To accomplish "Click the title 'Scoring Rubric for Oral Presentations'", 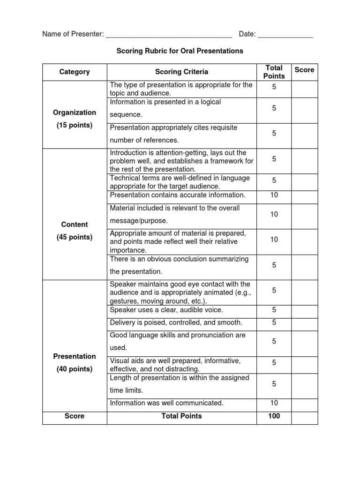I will [180, 51].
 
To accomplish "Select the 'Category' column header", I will [75, 72].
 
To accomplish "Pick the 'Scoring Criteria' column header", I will [181, 72].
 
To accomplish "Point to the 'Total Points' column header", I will [274, 72].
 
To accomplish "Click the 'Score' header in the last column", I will [304, 70].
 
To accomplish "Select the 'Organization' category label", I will [75, 112].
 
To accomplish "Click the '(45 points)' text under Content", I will [75, 237].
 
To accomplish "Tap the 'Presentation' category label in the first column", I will [75, 356].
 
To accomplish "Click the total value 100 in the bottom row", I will [274, 416].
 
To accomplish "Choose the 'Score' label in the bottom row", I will [75, 416].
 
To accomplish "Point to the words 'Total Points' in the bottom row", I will [181, 416].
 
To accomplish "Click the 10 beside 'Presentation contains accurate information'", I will [274, 195].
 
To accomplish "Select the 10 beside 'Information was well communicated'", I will [274, 403].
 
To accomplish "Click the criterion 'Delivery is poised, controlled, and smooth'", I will [176, 322].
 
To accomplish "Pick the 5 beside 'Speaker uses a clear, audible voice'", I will [274, 310].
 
